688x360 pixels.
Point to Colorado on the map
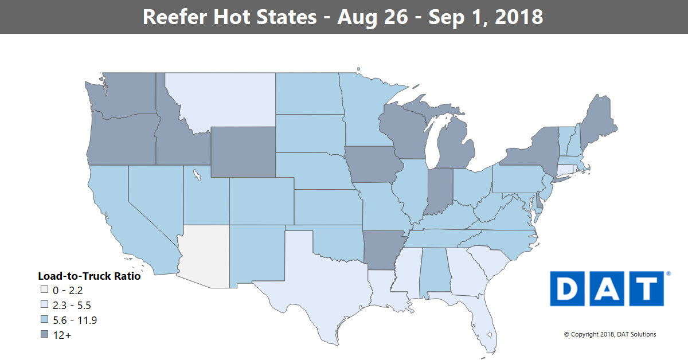(x=261, y=201)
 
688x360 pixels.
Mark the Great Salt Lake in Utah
(x=197, y=174)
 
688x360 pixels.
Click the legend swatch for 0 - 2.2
(x=43, y=291)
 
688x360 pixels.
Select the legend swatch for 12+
(x=43, y=335)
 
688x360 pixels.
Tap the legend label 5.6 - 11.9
(x=75, y=320)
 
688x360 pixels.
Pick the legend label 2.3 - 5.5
(x=71, y=306)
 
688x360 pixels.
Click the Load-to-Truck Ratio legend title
(x=89, y=276)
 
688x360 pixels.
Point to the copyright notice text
(x=610, y=334)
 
